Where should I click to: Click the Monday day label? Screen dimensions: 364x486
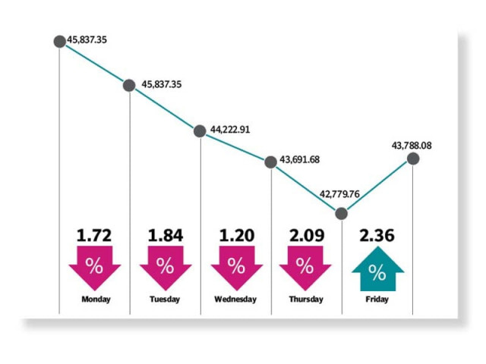(x=96, y=299)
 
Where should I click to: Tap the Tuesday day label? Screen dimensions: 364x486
(x=165, y=299)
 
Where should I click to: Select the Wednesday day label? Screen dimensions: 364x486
(x=236, y=299)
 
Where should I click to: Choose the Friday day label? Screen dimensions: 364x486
(x=377, y=299)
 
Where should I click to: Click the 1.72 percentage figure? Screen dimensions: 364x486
(x=95, y=235)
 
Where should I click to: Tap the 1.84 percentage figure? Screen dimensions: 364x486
(x=165, y=235)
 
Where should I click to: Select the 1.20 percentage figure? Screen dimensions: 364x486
(x=236, y=235)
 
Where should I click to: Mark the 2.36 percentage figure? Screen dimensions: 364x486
(x=377, y=235)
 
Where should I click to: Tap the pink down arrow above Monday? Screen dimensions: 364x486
(x=95, y=267)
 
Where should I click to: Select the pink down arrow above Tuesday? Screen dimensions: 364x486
(x=165, y=267)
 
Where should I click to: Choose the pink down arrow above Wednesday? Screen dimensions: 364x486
(x=236, y=267)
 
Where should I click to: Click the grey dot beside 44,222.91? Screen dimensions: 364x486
(x=200, y=130)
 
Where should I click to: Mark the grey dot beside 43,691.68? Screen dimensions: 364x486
(x=270, y=161)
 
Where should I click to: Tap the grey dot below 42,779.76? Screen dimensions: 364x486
(x=342, y=213)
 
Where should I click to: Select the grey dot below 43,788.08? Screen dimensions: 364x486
(x=413, y=158)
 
